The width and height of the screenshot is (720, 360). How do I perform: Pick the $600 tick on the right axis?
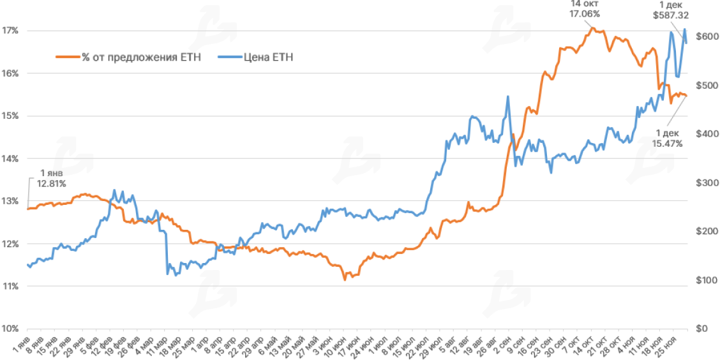[705, 37]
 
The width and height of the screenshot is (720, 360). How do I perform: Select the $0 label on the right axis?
[702, 329]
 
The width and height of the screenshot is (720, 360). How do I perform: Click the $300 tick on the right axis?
[705, 183]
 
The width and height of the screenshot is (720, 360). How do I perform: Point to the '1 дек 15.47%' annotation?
[667, 139]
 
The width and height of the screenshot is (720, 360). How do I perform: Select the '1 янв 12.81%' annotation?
[52, 178]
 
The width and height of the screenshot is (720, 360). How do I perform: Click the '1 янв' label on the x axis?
[22, 345]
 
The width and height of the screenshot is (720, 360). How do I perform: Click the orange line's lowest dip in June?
[345, 280]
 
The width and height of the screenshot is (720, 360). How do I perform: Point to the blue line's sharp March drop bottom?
[168, 274]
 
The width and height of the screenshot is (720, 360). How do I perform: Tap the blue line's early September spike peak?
[508, 96]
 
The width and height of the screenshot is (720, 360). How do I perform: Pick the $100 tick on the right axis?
[705, 280]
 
